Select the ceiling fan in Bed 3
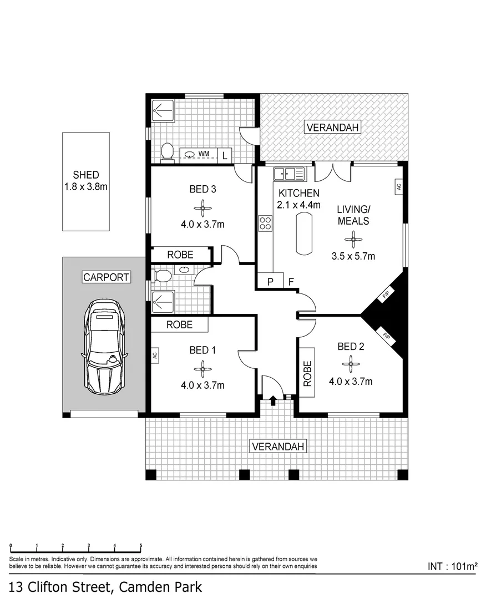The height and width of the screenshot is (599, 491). click(x=203, y=209)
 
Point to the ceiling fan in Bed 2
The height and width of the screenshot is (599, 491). click(x=350, y=364)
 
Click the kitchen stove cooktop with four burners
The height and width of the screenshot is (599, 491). click(x=265, y=223)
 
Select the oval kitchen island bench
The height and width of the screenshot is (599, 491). click(x=304, y=234)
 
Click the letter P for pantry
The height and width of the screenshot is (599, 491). click(x=270, y=282)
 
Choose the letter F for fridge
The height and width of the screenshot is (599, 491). click(x=291, y=282)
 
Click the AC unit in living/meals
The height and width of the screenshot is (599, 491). click(x=398, y=187)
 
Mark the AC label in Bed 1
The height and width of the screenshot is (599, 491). click(x=155, y=354)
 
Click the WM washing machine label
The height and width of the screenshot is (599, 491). click(x=204, y=153)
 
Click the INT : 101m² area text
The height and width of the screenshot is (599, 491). click(x=453, y=566)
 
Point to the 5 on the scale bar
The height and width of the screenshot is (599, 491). click(x=140, y=545)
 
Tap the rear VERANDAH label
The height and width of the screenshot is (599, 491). click(x=333, y=128)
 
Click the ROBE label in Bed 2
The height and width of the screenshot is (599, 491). click(x=307, y=373)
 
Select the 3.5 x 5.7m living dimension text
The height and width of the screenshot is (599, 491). click(x=353, y=256)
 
